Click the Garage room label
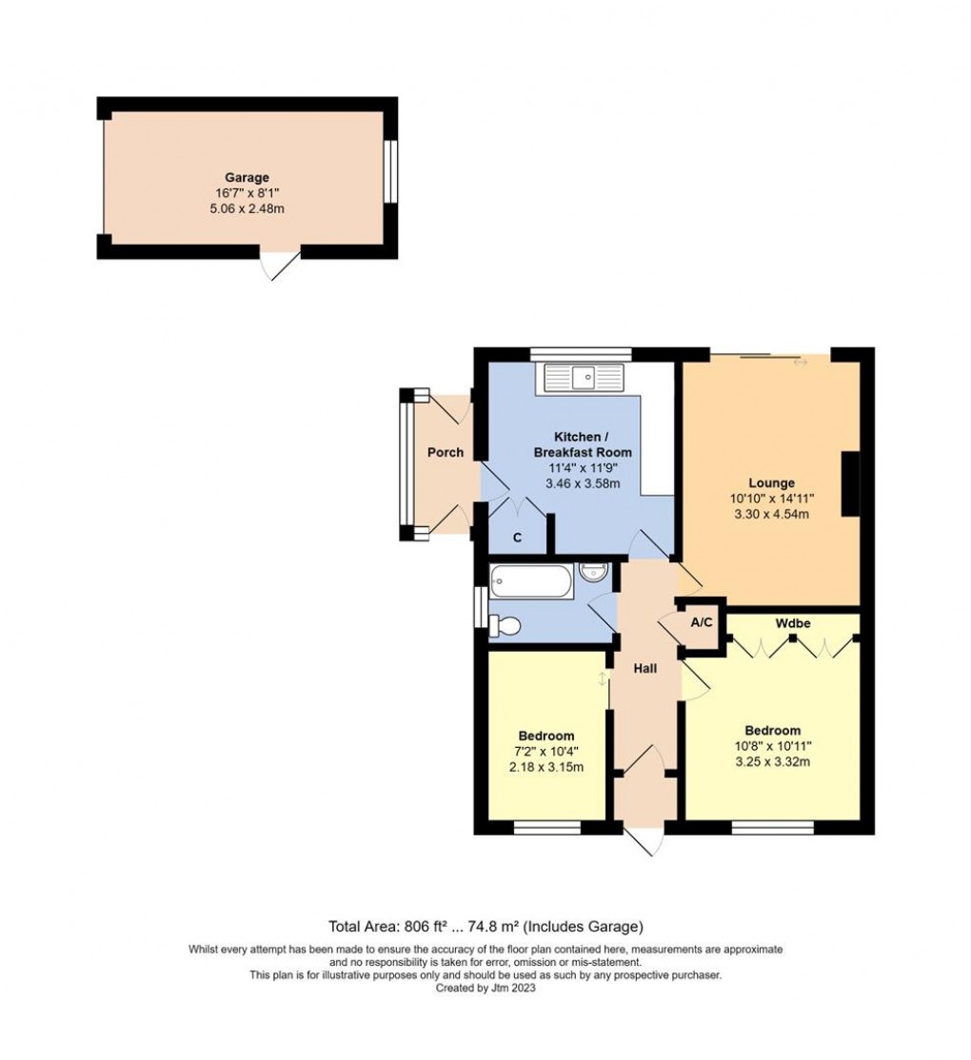click(247, 177)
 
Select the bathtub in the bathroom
click(531, 581)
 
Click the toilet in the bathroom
click(505, 626)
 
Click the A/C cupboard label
click(702, 622)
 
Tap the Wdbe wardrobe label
click(793, 622)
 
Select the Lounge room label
click(771, 482)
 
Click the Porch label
click(446, 452)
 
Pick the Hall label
click(645, 669)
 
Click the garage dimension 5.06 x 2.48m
click(247, 209)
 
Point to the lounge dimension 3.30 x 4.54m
click(771, 514)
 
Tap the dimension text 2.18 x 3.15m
click(546, 767)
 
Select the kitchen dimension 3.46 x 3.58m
click(583, 483)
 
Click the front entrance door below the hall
click(644, 841)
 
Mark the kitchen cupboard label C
click(517, 539)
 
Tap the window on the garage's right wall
click(390, 171)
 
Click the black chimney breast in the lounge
click(851, 484)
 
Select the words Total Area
click(363, 926)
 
